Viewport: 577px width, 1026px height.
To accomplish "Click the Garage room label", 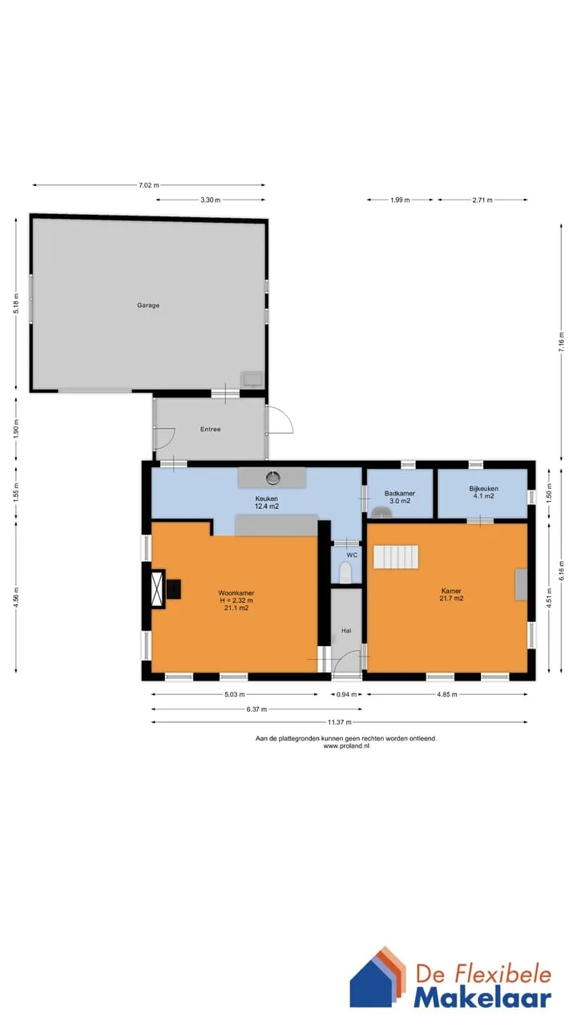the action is click(148, 305).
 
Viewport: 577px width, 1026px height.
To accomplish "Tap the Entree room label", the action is click(210, 429).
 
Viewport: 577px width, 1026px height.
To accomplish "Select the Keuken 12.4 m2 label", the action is click(267, 502).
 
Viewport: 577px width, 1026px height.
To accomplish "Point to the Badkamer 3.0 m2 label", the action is click(400, 497).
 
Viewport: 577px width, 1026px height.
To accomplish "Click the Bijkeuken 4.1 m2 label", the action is click(483, 492).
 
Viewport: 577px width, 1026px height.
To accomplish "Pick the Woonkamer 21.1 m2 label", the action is click(236, 600).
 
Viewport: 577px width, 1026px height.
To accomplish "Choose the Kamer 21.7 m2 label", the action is click(451, 595).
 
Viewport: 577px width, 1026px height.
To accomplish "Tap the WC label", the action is click(352, 555).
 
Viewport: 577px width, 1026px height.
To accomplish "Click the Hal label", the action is click(346, 631).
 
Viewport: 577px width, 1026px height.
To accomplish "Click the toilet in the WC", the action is click(345, 572).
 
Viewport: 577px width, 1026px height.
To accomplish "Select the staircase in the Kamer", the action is click(396, 556).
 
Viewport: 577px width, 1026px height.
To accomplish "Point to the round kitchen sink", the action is click(273, 478).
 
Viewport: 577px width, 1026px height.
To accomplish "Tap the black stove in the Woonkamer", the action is click(173, 589).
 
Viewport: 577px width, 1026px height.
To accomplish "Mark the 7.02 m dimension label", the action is click(149, 185).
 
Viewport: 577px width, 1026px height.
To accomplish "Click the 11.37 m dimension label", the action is click(339, 722).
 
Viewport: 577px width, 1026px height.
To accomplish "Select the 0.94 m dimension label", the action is click(347, 694).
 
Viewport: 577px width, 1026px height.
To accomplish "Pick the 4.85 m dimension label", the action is click(447, 694).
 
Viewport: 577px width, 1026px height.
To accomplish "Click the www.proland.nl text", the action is click(346, 745).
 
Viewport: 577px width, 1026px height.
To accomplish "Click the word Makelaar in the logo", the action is click(482, 999).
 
